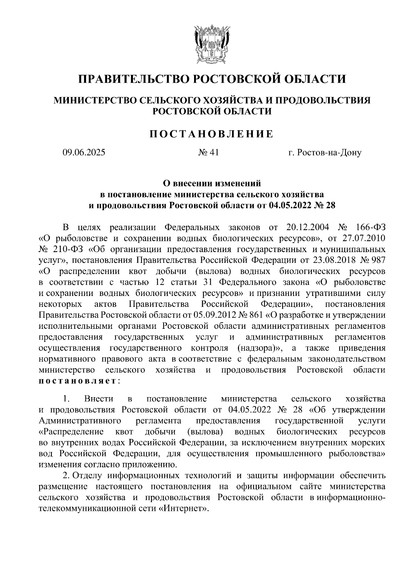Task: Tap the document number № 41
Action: pyautogui.click(x=209, y=153)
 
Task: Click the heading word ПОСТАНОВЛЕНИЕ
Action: pyautogui.click(x=211, y=134)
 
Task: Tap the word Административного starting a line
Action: pyautogui.click(x=80, y=420)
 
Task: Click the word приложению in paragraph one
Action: pyautogui.click(x=153, y=464)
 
